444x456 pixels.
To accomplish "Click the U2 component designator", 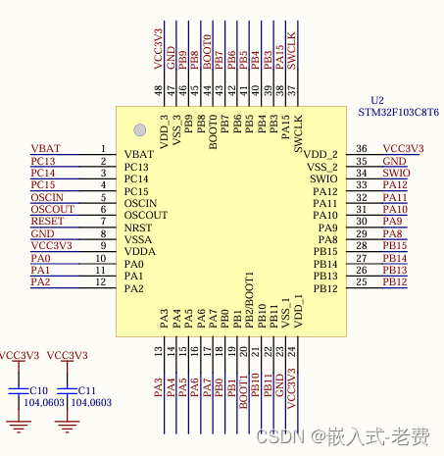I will [377, 101].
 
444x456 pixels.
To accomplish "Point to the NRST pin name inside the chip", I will [138, 228].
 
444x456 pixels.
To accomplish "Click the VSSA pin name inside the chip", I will [139, 239].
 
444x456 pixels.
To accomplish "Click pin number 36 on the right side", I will [361, 149].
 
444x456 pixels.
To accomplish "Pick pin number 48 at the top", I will [159, 90].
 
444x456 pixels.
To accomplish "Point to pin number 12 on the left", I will [100, 282].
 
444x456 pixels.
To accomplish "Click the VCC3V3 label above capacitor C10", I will [19, 355].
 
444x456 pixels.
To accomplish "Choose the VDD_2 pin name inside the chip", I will [321, 155].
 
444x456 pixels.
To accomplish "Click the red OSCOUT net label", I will [52, 209].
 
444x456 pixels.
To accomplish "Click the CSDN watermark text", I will [275, 434].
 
